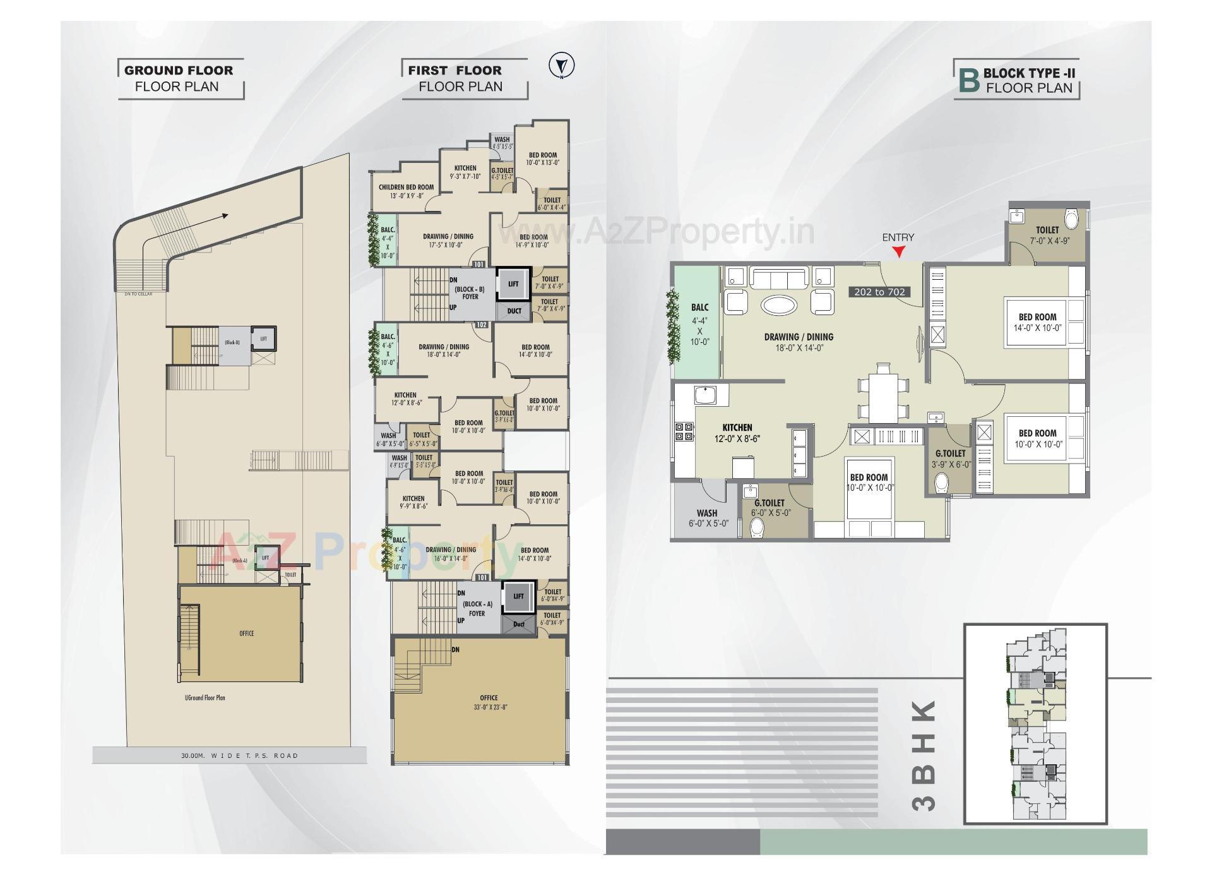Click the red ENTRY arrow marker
(x=898, y=252)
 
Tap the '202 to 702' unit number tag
(x=879, y=292)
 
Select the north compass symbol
(x=561, y=66)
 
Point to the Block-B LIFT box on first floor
(x=513, y=284)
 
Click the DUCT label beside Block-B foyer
(x=514, y=311)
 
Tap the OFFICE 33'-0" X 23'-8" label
(x=489, y=702)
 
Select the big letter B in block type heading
(x=968, y=81)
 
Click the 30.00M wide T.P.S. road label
(x=239, y=755)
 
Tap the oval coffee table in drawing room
(x=778, y=305)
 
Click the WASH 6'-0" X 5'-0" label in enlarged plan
(x=707, y=518)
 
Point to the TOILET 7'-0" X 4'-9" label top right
(x=1047, y=235)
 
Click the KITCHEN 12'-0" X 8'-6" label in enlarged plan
(x=737, y=433)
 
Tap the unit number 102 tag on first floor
(x=482, y=325)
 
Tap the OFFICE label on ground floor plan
(x=246, y=633)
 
